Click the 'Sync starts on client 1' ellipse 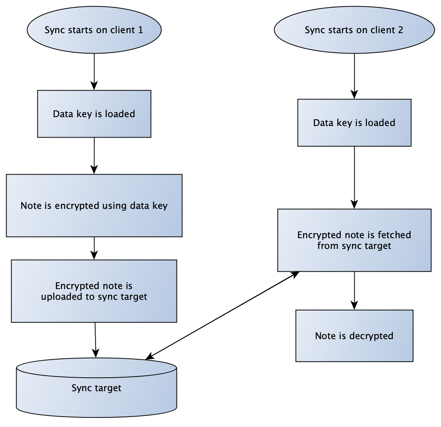coord(94,30)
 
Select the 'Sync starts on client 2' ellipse coord(354,30)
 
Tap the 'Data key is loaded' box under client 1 coord(94,114)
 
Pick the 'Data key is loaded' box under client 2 coord(354,123)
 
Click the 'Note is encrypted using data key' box coord(94,205)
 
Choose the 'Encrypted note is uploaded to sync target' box coord(94,291)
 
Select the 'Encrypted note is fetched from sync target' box coord(354,240)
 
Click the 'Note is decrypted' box coord(354,336)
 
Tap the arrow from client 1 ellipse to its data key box coord(94,72)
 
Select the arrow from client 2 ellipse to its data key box coord(354,76)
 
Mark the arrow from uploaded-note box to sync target coord(96,340)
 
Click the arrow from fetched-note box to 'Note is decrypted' coord(354,291)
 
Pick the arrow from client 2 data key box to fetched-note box coord(354,177)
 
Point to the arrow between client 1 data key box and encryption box coord(94,156)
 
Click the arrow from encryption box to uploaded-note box coord(94,248)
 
